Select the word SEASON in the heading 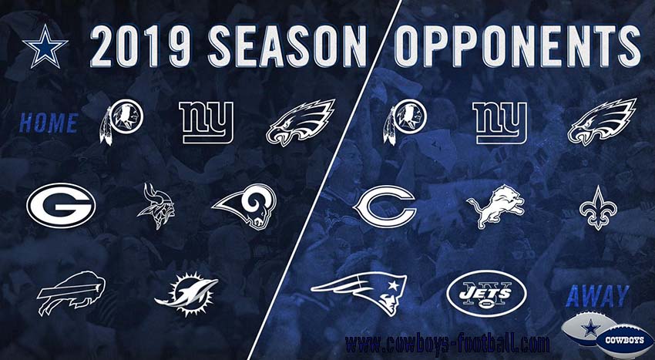[287, 45]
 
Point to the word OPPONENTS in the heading [517, 45]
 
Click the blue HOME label [49, 123]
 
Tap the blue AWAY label [597, 295]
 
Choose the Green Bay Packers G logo [61, 205]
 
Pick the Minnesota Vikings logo [156, 205]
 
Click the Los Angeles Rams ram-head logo [247, 206]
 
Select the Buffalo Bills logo [71, 292]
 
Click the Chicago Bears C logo [385, 206]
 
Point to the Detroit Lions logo [495, 206]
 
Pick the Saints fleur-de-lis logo [598, 207]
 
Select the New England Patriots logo [359, 294]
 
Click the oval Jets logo [487, 294]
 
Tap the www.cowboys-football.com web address [448, 344]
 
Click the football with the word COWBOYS [624, 339]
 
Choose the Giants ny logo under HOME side [207, 123]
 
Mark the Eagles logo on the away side [602, 122]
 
